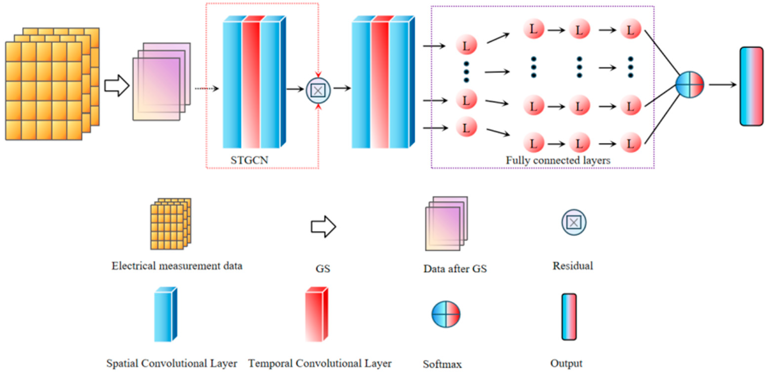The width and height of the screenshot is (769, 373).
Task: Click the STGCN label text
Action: click(x=249, y=160)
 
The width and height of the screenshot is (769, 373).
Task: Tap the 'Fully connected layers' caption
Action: click(x=558, y=160)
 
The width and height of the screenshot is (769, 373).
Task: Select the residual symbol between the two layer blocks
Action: click(x=318, y=90)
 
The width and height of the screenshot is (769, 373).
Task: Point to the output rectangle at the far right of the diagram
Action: click(x=751, y=86)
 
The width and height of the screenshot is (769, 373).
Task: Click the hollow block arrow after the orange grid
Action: click(x=117, y=86)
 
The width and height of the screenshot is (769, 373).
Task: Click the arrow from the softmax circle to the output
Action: click(x=722, y=85)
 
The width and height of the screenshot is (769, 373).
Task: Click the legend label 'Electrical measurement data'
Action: click(x=177, y=266)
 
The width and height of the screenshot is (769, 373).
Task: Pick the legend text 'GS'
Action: click(x=323, y=269)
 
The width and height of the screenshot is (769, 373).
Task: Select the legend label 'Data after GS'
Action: click(x=455, y=269)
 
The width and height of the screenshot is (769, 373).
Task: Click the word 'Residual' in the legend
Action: click(x=572, y=266)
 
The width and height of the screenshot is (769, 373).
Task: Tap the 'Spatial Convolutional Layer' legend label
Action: click(x=172, y=363)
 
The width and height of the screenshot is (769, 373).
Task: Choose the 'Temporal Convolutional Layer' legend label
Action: click(x=320, y=363)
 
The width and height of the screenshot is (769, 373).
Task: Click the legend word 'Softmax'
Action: click(x=442, y=364)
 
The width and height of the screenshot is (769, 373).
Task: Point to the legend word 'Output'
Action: click(x=566, y=363)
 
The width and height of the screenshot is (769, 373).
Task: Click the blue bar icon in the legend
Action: click(x=165, y=315)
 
